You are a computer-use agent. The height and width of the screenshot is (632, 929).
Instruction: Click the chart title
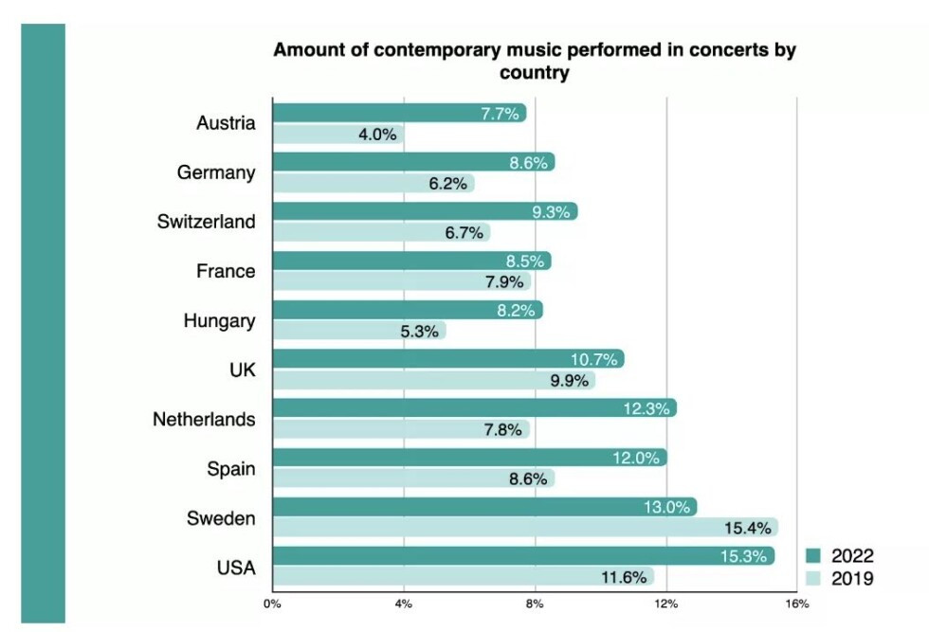tap(534, 61)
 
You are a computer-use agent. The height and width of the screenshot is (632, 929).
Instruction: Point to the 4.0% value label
tap(376, 135)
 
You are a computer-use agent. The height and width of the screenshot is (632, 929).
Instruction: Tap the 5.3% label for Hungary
tap(417, 331)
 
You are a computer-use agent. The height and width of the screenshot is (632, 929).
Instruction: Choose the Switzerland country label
tap(206, 222)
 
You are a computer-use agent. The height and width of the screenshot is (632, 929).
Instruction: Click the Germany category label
tap(215, 172)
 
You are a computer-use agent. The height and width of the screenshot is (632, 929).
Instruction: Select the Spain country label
tap(230, 468)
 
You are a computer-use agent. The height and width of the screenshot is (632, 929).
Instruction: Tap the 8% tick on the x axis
tap(535, 603)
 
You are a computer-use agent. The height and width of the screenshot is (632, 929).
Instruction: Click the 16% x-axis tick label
tap(796, 603)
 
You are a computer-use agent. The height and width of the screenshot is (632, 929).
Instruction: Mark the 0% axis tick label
tap(272, 603)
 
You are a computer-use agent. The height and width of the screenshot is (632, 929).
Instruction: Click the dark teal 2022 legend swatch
tap(812, 556)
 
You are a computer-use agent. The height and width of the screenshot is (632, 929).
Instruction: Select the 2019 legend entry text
tap(852, 577)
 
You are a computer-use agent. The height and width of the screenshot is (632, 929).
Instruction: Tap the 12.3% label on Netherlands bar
tap(649, 409)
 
